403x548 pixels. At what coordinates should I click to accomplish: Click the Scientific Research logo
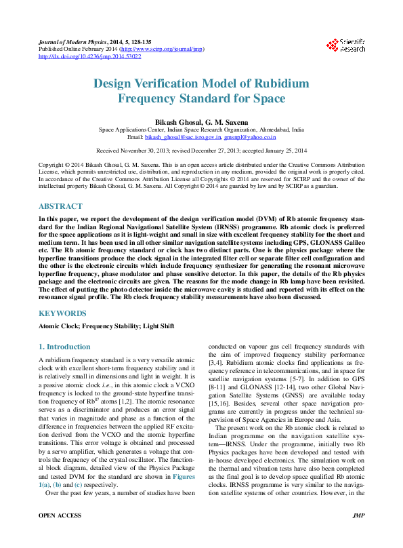click(x=346, y=45)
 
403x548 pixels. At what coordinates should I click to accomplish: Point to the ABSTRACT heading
click(x=60, y=206)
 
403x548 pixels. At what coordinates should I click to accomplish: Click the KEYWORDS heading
click(x=62, y=313)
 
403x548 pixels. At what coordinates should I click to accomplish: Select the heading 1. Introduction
click(x=64, y=347)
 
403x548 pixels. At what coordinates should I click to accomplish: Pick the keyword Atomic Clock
click(x=59, y=326)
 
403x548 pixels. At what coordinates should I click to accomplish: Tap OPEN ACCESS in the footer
click(x=60, y=534)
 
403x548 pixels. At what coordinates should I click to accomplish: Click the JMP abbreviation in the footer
click(x=358, y=534)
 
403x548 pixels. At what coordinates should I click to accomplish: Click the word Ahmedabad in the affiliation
click(x=267, y=129)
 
